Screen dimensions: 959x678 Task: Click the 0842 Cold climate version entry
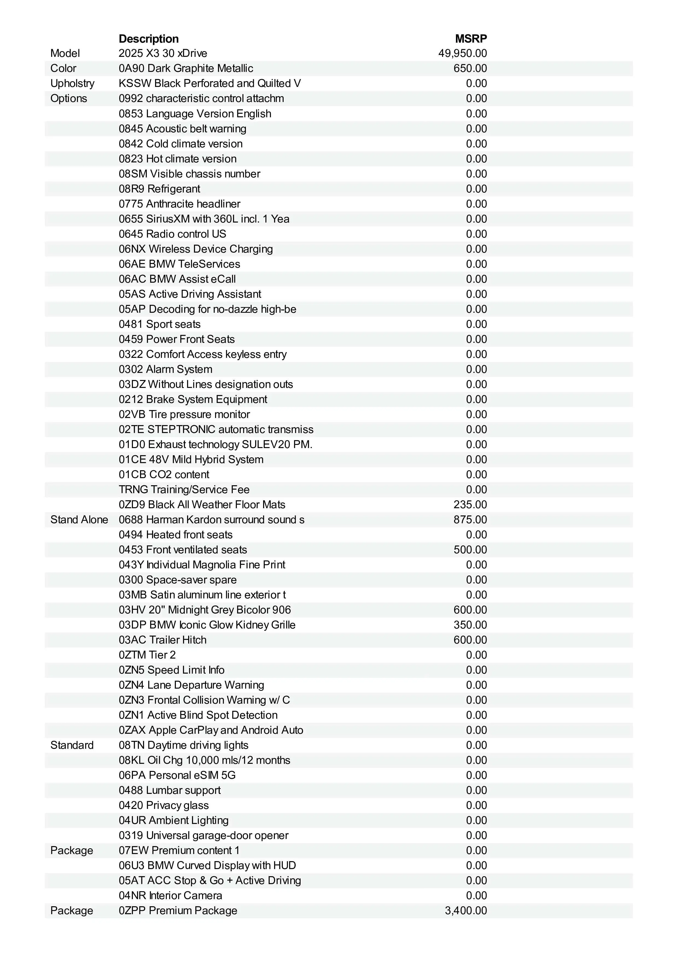pyautogui.click(x=181, y=144)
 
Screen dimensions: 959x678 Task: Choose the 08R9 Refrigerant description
pyautogui.click(x=159, y=189)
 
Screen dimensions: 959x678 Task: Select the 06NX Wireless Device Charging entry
pyautogui.click(x=196, y=249)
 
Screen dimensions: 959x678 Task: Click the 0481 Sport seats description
pyautogui.click(x=159, y=324)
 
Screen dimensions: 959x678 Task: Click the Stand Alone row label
pyautogui.click(x=79, y=520)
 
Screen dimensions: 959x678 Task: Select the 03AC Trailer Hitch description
pyautogui.click(x=162, y=640)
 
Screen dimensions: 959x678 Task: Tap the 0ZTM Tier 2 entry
pyautogui.click(x=147, y=655)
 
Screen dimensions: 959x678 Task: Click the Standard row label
pyautogui.click(x=72, y=745)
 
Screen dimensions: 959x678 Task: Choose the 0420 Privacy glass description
pyautogui.click(x=163, y=805)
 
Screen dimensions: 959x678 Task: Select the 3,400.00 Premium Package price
pyautogui.click(x=466, y=911)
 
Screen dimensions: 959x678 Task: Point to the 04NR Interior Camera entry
pyautogui.click(x=170, y=896)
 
